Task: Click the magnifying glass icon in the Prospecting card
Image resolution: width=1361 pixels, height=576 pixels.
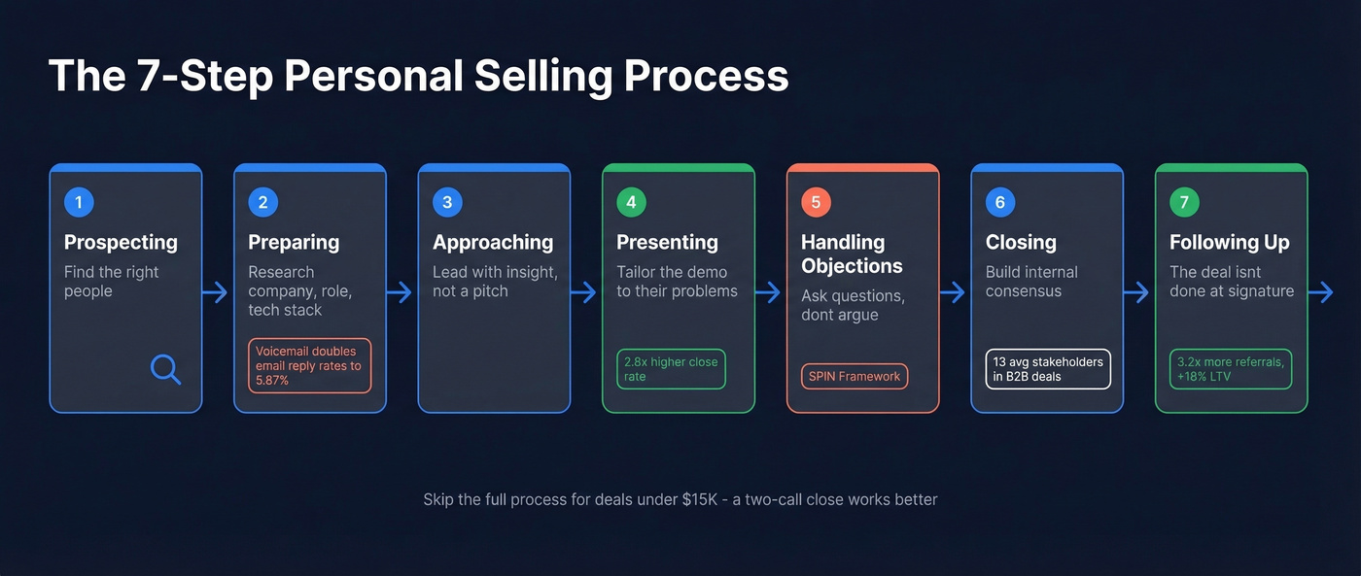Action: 166,369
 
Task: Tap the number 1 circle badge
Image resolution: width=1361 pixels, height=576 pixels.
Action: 79,202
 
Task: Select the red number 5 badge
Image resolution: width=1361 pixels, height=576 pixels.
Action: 816,202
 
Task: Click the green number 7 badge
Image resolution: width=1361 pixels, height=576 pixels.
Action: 1184,202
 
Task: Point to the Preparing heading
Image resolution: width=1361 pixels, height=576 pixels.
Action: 294,242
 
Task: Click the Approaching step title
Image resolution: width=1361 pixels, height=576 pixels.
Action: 493,242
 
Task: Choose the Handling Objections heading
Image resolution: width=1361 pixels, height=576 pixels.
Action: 852,254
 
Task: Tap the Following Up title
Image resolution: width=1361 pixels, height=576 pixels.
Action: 1230,242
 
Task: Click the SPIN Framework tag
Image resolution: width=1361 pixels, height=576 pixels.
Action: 855,376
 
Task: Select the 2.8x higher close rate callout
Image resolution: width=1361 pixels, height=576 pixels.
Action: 671,369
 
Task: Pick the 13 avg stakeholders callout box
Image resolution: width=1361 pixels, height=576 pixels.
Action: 1048,369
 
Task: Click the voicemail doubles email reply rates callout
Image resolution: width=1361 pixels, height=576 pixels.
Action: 309,365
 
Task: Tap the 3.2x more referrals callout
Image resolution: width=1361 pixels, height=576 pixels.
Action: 1230,369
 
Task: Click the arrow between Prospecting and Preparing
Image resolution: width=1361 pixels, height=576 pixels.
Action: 216,292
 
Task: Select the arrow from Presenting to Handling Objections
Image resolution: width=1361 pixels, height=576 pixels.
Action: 769,292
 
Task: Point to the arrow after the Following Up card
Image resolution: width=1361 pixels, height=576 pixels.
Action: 1321,292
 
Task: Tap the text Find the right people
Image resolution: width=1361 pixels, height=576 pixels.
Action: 111,282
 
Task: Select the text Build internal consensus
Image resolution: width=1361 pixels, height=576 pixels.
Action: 1031,282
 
